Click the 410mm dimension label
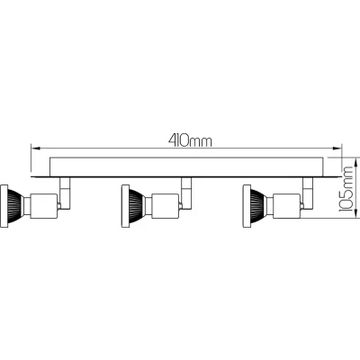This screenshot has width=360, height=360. pyautogui.click(x=190, y=140)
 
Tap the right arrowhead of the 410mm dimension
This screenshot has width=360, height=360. pyautogui.click(x=337, y=148)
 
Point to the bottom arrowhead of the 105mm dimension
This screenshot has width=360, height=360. pyautogui.click(x=356, y=212)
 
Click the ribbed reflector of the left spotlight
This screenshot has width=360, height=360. pyautogui.click(x=15, y=206)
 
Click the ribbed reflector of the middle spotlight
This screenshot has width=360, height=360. pyautogui.click(x=137, y=206)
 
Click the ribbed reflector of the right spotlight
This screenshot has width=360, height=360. pyautogui.click(x=258, y=206)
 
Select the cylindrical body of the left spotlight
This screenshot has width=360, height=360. pyautogui.click(x=44, y=206)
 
